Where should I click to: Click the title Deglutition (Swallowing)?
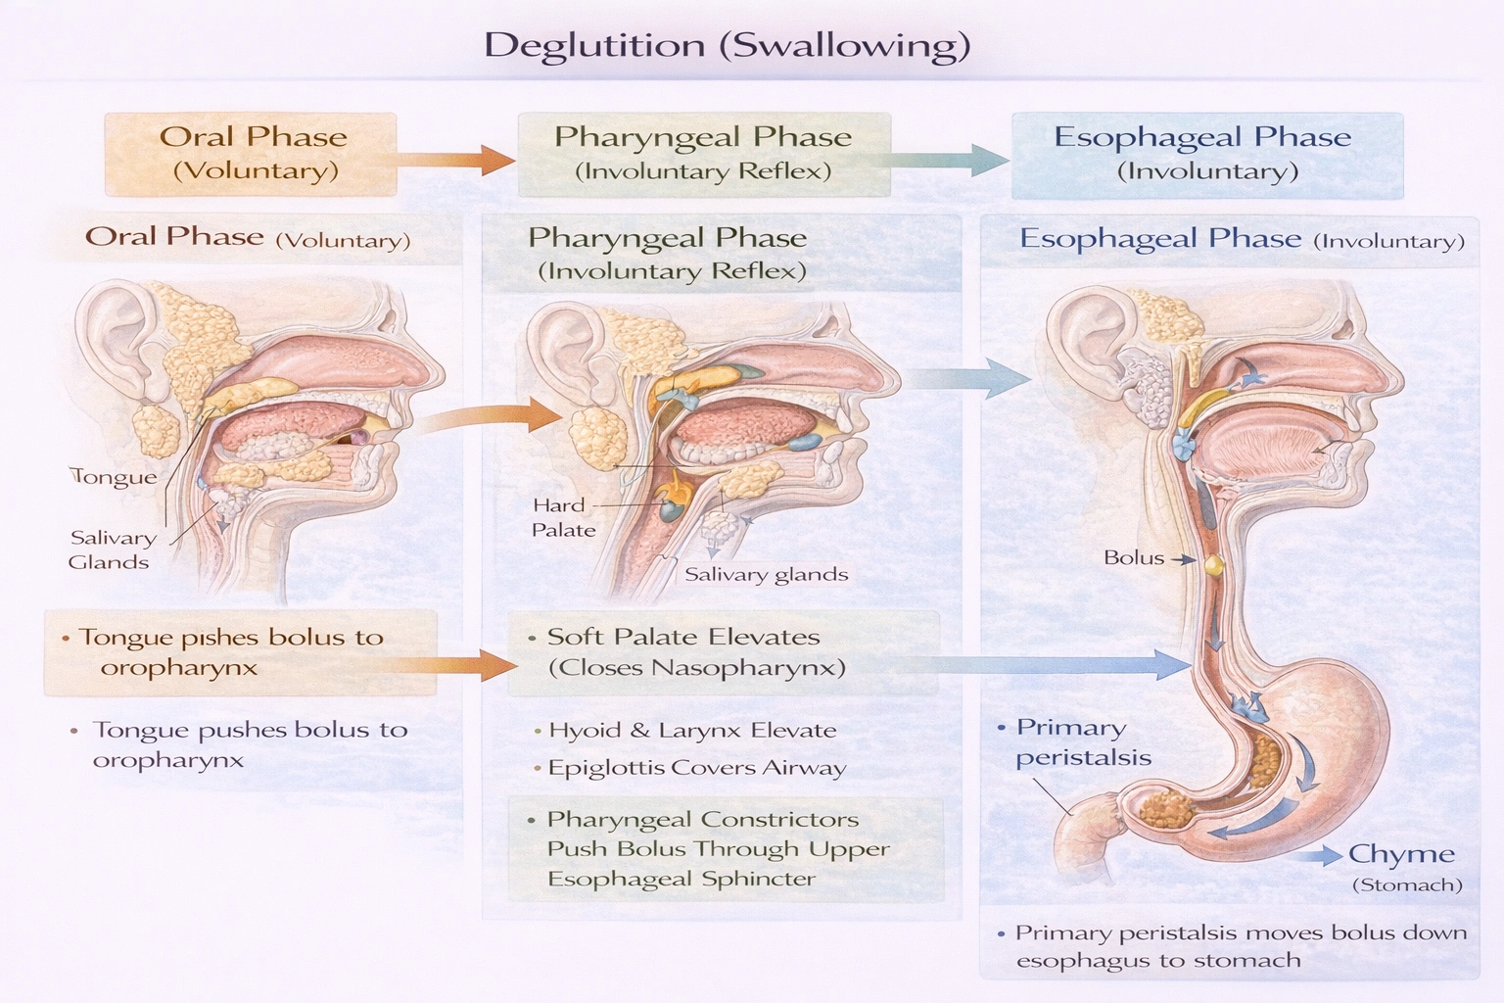[x=727, y=45]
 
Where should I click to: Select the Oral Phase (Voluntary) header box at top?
[x=252, y=154]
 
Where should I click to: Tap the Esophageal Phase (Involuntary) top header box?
[x=1205, y=154]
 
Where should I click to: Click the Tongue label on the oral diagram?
[x=115, y=477]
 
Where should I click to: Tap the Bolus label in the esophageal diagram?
[x=1134, y=558]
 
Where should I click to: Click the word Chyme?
[x=1400, y=854]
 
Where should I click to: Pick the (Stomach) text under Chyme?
[x=1406, y=884]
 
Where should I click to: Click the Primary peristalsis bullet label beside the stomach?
[x=1077, y=741]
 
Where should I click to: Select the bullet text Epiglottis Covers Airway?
[x=696, y=768]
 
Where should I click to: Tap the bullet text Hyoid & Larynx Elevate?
[x=691, y=730]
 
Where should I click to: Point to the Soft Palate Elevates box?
[x=723, y=652]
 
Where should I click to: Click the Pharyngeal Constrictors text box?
[x=726, y=849]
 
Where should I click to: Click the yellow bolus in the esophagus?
[x=1214, y=565]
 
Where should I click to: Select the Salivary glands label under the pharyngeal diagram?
[x=766, y=575]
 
